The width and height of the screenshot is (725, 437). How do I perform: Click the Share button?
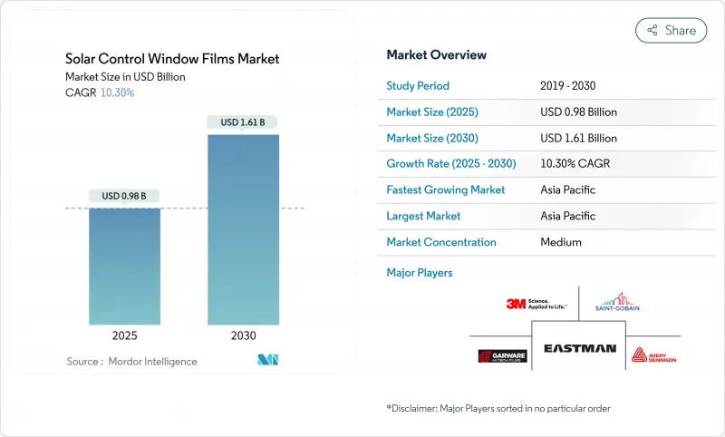coord(671,30)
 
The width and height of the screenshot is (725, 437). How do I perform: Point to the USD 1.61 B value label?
coord(243,122)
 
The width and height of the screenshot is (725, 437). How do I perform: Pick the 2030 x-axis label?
coord(243,335)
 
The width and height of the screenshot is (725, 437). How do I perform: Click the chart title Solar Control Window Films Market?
coord(172,59)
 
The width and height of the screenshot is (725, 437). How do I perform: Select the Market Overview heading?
coord(436,54)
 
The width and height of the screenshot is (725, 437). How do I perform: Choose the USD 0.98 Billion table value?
coord(578,112)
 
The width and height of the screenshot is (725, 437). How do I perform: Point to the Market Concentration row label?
coord(441,242)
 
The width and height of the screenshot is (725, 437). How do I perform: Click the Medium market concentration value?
coord(560,242)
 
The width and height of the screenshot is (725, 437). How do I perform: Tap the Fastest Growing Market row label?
coord(446,190)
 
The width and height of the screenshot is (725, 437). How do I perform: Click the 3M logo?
coord(536,305)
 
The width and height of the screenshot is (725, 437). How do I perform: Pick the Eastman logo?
coord(580,348)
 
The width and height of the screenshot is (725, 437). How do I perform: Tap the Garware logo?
coord(502,355)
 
